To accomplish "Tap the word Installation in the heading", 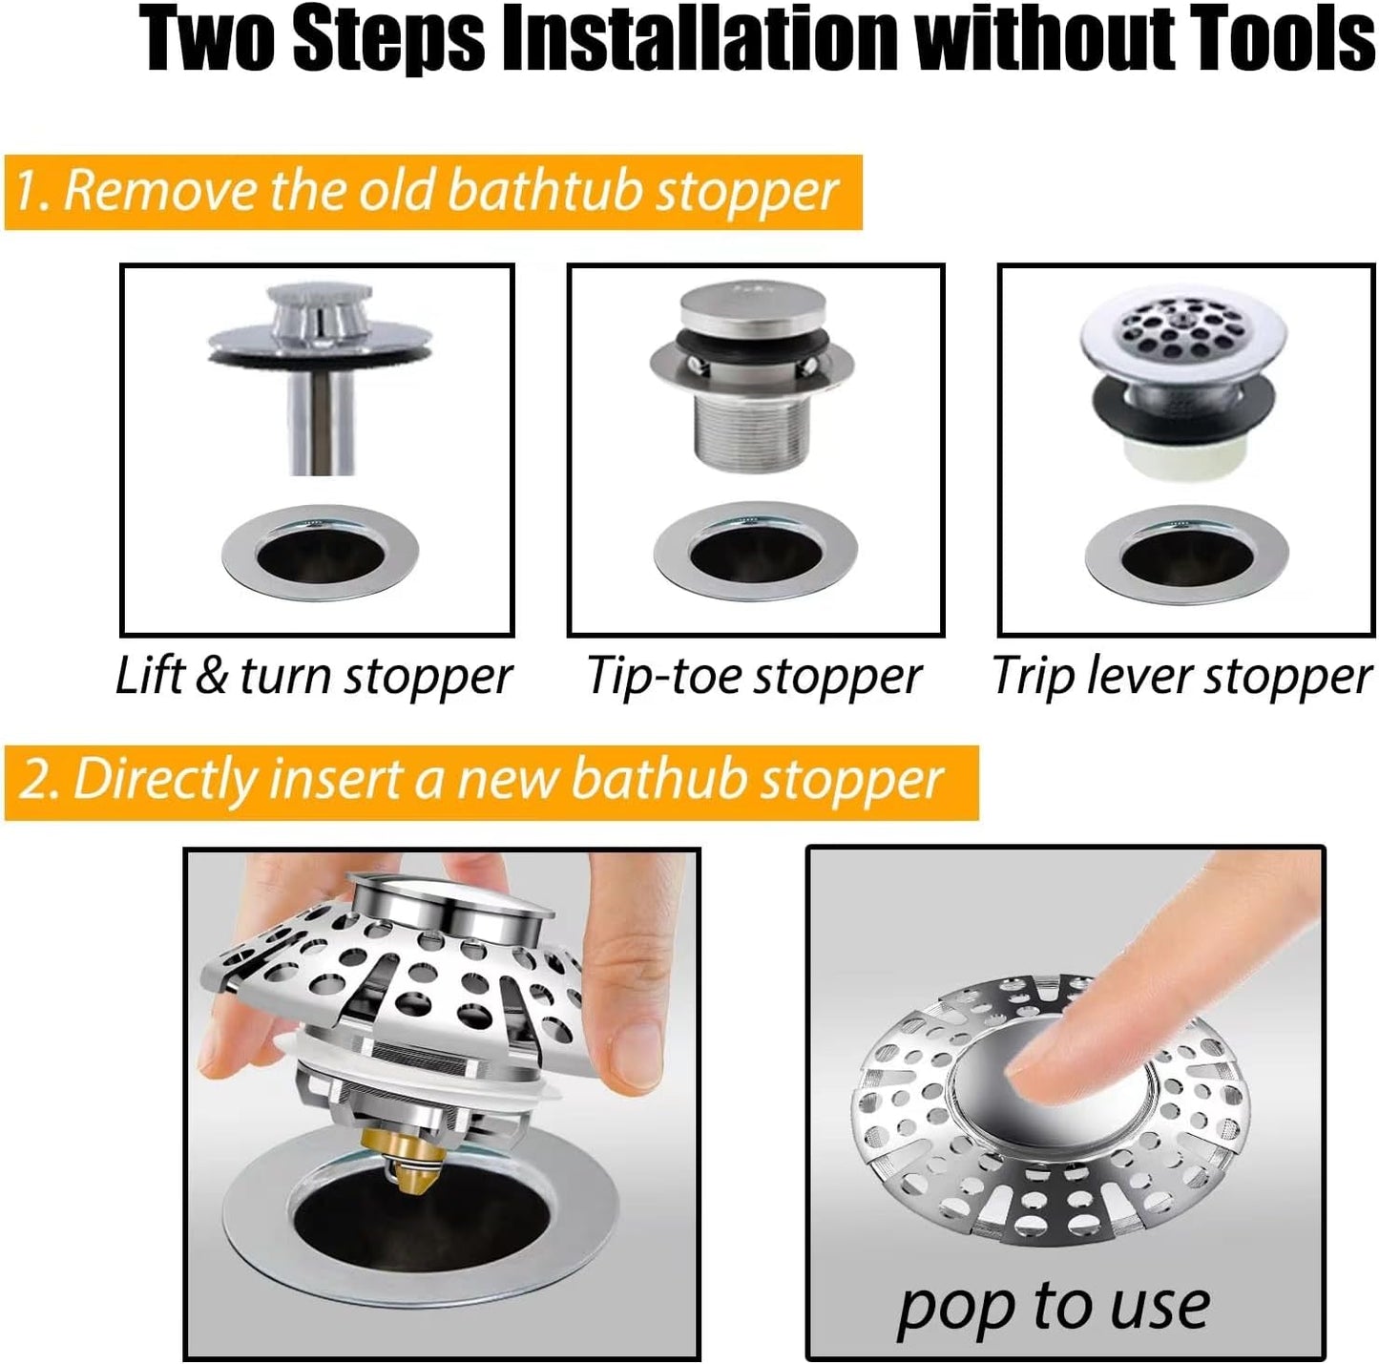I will [x=700, y=40].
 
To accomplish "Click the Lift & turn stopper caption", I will [x=314, y=676].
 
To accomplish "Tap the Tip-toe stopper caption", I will [x=754, y=676].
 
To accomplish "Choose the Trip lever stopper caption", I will [x=1181, y=676].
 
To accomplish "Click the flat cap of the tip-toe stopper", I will [x=754, y=305].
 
